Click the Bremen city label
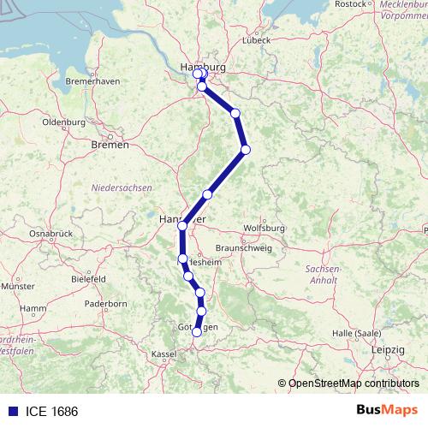(x=110, y=145)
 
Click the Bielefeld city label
(x=88, y=278)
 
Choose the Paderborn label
(x=106, y=304)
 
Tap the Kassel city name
(x=163, y=353)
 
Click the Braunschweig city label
(x=243, y=247)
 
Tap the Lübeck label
(x=256, y=39)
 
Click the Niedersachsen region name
(x=122, y=187)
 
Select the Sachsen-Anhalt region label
(x=323, y=273)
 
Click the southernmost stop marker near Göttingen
(x=197, y=332)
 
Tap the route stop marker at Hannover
(x=182, y=226)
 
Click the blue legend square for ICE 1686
(x=9, y=411)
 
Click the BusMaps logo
(x=388, y=411)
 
